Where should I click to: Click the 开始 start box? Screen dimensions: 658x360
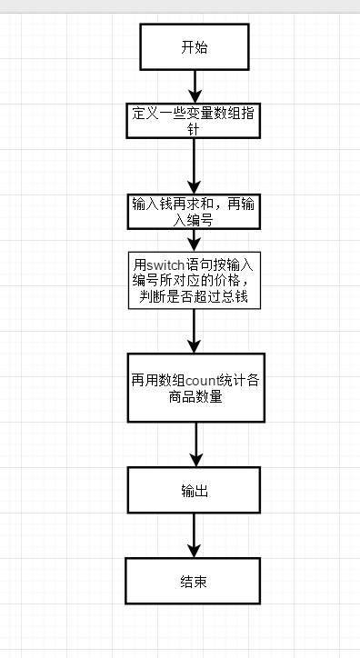[195, 46]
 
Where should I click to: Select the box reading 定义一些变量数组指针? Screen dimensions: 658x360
[195, 123]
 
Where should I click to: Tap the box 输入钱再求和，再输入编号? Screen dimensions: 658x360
[195, 211]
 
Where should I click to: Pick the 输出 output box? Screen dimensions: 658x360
[195, 492]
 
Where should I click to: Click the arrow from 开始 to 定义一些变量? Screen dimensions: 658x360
[195, 87]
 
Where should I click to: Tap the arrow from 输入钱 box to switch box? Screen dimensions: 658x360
[195, 240]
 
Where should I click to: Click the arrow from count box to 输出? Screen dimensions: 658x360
[195, 445]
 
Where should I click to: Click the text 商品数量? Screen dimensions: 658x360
[195, 397]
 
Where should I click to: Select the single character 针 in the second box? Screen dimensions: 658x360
[195, 130]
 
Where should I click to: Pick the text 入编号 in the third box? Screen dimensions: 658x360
[195, 219]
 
